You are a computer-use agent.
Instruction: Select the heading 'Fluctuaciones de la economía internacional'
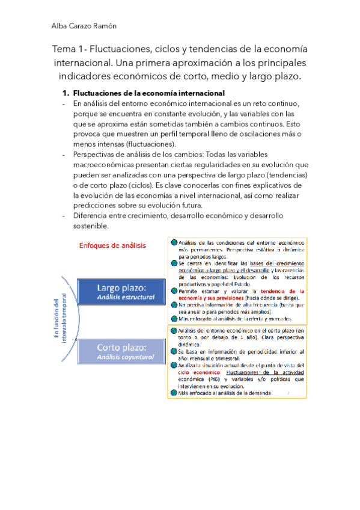point(148,94)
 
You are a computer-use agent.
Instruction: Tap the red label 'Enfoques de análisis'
point(112,245)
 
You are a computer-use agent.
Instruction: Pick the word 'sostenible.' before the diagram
point(91,226)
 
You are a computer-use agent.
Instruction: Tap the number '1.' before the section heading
point(66,94)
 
